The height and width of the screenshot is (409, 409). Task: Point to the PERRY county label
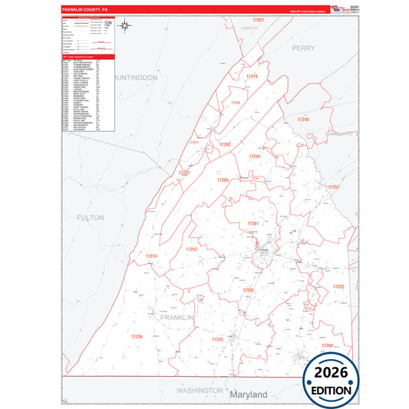point(303,48)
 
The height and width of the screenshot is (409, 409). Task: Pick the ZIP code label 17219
point(252,77)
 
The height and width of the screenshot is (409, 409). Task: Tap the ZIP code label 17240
point(303,120)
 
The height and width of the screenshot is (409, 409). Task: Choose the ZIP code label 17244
point(255,157)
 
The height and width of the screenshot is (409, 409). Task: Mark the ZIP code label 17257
point(333,186)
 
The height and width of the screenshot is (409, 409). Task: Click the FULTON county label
point(91,218)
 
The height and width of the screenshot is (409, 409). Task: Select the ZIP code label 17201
point(252,223)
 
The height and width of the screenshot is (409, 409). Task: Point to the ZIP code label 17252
point(192,249)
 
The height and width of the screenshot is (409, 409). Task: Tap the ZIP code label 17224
point(152,256)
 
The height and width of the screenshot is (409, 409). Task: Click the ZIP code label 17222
point(338,286)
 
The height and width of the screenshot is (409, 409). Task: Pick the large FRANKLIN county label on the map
point(177,316)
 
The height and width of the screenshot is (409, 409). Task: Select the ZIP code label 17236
point(137,336)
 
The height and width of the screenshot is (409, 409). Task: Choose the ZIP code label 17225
point(217,338)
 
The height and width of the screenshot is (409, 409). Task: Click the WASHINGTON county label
point(199,391)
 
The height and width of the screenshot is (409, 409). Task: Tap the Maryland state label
point(248,394)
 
